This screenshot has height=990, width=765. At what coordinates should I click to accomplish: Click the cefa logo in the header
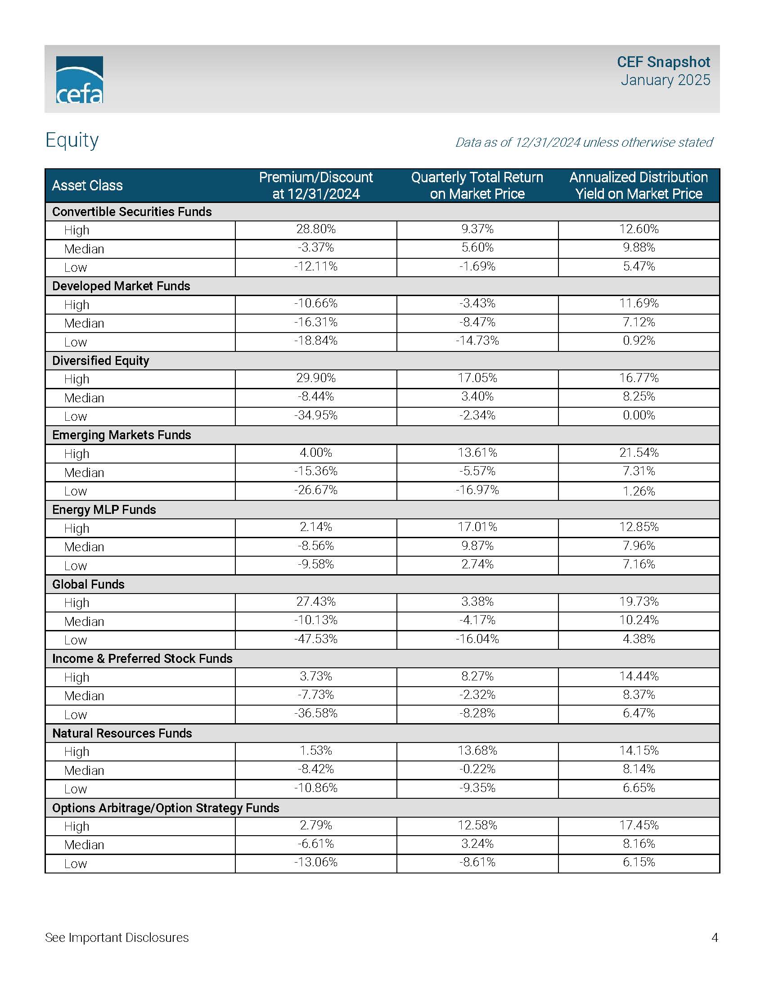(x=79, y=79)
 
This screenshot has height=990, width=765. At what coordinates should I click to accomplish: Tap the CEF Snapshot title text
(x=663, y=62)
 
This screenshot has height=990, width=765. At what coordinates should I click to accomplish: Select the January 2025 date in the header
(x=665, y=80)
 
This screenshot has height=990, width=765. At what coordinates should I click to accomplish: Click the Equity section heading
(x=72, y=140)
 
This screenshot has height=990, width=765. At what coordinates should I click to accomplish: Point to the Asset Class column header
(x=87, y=185)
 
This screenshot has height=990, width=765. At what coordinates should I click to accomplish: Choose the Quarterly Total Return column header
(x=477, y=185)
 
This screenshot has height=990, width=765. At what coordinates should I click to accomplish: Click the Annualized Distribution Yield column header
(x=638, y=185)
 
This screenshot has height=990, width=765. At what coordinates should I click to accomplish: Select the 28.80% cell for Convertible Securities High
(x=315, y=229)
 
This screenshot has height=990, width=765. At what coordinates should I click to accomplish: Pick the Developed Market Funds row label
(x=121, y=286)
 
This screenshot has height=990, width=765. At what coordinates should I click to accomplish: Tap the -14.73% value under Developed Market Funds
(x=477, y=341)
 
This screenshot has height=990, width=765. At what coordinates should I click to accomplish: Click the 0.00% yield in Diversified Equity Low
(x=639, y=415)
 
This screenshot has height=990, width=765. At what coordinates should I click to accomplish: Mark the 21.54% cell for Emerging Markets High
(x=639, y=452)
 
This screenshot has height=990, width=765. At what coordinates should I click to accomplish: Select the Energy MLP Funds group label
(x=104, y=509)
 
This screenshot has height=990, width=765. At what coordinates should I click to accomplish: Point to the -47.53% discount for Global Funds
(x=315, y=639)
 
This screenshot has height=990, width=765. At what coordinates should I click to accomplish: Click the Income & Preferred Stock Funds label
(x=142, y=659)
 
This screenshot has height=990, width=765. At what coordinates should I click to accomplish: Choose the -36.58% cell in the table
(x=315, y=714)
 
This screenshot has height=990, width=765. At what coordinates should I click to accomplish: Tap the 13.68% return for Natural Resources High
(x=477, y=751)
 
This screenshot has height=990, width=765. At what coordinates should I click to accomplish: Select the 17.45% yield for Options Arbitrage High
(x=639, y=825)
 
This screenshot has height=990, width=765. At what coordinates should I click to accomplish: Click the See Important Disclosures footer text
(x=117, y=937)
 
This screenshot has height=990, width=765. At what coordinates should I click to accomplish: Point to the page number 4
(x=715, y=937)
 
